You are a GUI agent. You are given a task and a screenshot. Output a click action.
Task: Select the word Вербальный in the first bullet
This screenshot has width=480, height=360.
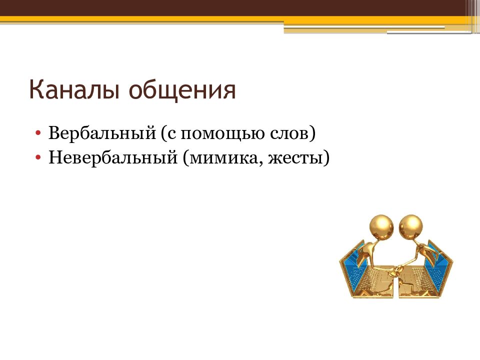tap(102, 133)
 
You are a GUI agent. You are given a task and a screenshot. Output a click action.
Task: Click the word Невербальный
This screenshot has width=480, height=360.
tap(113, 157)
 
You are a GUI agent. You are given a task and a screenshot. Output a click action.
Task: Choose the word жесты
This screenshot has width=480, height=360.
tap(295, 158)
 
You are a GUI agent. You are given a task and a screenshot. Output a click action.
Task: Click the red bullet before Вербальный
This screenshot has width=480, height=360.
tap(38, 133)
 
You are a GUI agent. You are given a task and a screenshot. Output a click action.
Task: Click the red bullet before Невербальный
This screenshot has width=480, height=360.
tap(38, 157)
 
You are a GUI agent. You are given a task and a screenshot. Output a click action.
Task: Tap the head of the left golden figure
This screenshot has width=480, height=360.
tap(381, 227)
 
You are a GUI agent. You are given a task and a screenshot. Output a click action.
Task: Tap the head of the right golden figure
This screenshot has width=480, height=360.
tap(411, 227)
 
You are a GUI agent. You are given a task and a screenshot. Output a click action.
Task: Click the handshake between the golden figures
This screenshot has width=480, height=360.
tap(398, 268)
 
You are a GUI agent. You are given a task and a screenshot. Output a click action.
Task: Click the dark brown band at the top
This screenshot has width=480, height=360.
tap(232, 8)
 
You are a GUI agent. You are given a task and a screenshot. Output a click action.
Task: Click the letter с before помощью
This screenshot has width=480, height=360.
tap(171, 134)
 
